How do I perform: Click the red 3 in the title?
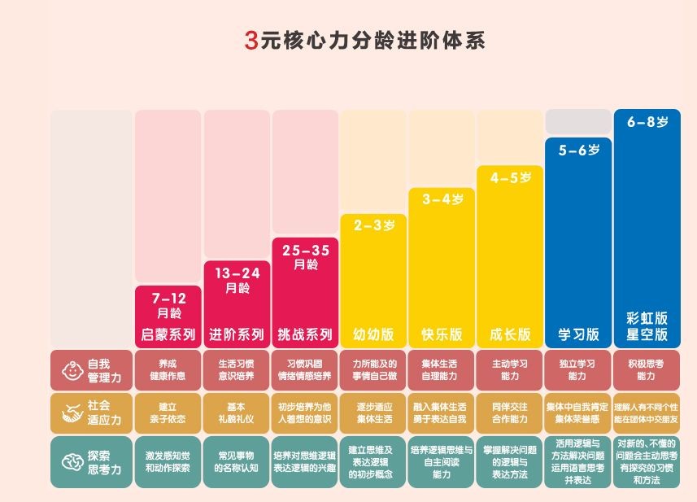point(250,40)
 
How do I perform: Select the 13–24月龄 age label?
point(237,281)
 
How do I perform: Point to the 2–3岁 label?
point(373,226)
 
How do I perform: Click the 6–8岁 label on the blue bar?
point(647,122)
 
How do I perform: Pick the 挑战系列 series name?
point(305,334)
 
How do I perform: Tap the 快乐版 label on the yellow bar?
point(442,334)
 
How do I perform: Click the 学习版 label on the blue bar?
point(578,334)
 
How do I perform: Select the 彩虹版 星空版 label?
point(647,326)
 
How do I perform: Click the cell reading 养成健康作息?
point(168,370)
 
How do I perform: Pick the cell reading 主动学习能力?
point(510,370)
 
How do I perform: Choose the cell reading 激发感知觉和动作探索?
point(168,462)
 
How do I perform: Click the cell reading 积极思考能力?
point(647,370)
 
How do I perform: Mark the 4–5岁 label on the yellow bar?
point(510,177)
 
